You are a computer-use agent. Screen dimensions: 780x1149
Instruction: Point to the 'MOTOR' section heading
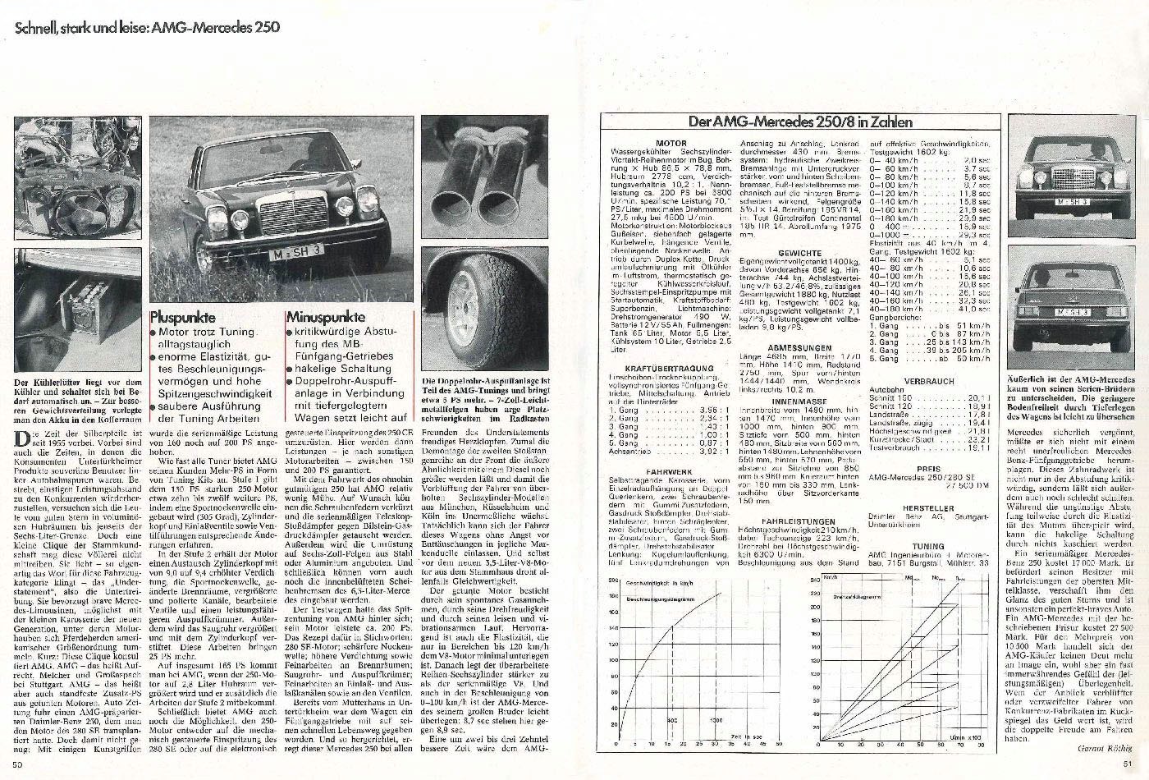(x=671, y=142)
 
